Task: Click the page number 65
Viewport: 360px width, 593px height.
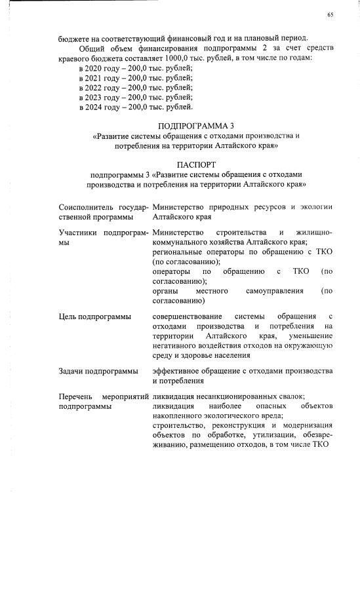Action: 330,15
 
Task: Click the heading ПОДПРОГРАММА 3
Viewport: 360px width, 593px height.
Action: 196,125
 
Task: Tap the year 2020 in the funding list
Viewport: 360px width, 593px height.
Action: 89,68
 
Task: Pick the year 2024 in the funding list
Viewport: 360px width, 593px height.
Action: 89,106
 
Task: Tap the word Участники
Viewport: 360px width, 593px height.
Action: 79,233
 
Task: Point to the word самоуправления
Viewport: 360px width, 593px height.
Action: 274,290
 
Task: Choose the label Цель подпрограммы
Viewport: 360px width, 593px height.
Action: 94,317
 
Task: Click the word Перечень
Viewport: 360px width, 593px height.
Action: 77,396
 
